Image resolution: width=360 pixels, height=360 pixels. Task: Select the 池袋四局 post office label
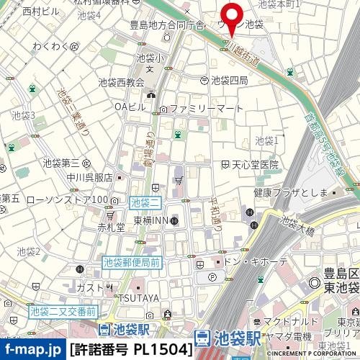pyautogui.click(x=230, y=79)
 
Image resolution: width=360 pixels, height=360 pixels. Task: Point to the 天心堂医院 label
pyautogui.click(x=254, y=165)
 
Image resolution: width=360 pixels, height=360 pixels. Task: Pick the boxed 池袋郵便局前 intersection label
pyautogui.click(x=132, y=263)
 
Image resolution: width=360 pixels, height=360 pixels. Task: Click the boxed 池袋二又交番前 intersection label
pyautogui.click(x=63, y=312)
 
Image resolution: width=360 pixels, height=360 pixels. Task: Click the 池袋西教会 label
pyautogui.click(x=119, y=82)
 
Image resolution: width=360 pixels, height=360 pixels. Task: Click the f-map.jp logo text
pyautogui.click(x=32, y=351)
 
